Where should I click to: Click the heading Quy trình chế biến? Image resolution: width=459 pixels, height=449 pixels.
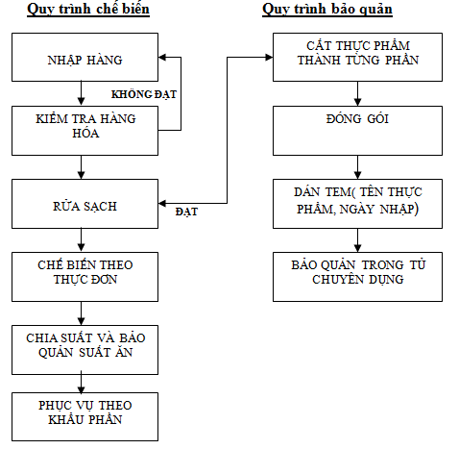[x=88, y=10]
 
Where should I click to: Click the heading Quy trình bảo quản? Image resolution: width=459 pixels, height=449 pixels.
[x=327, y=10]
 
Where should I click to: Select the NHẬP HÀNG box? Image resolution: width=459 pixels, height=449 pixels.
[x=85, y=57]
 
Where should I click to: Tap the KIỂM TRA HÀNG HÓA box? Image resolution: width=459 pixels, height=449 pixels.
[x=85, y=131]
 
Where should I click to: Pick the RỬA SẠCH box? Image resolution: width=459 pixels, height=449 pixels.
[x=85, y=204]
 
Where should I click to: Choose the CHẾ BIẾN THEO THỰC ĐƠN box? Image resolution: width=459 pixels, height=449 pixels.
[x=85, y=277]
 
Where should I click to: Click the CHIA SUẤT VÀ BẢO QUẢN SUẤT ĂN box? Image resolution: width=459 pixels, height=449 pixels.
[x=85, y=350]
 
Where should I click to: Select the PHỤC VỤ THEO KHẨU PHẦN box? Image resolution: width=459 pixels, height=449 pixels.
[x=85, y=417]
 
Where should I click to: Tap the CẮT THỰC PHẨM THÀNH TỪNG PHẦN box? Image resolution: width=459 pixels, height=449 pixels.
[x=357, y=57]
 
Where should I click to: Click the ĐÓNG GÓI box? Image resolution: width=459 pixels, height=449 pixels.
[x=357, y=131]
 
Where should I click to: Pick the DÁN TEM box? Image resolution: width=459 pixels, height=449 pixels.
[x=357, y=204]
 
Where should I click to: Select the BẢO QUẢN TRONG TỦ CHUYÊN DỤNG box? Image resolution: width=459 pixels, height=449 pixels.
[x=357, y=277]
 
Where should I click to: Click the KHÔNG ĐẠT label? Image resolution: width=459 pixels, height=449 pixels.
[x=144, y=94]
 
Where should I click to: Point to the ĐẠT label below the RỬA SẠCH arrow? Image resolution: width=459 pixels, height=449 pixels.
[x=186, y=212]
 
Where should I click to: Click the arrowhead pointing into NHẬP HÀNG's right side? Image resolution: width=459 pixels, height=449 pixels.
[x=162, y=58]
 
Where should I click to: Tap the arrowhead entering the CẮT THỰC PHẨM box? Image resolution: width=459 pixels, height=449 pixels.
[x=269, y=58]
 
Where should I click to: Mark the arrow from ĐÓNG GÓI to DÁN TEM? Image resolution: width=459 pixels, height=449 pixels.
[x=357, y=167]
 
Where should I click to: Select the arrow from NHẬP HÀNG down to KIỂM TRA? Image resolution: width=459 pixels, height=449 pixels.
[x=82, y=93]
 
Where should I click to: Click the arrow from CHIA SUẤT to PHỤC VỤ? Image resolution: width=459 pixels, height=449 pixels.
[x=82, y=383]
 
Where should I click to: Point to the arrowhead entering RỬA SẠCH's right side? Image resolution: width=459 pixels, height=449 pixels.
[x=162, y=203]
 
